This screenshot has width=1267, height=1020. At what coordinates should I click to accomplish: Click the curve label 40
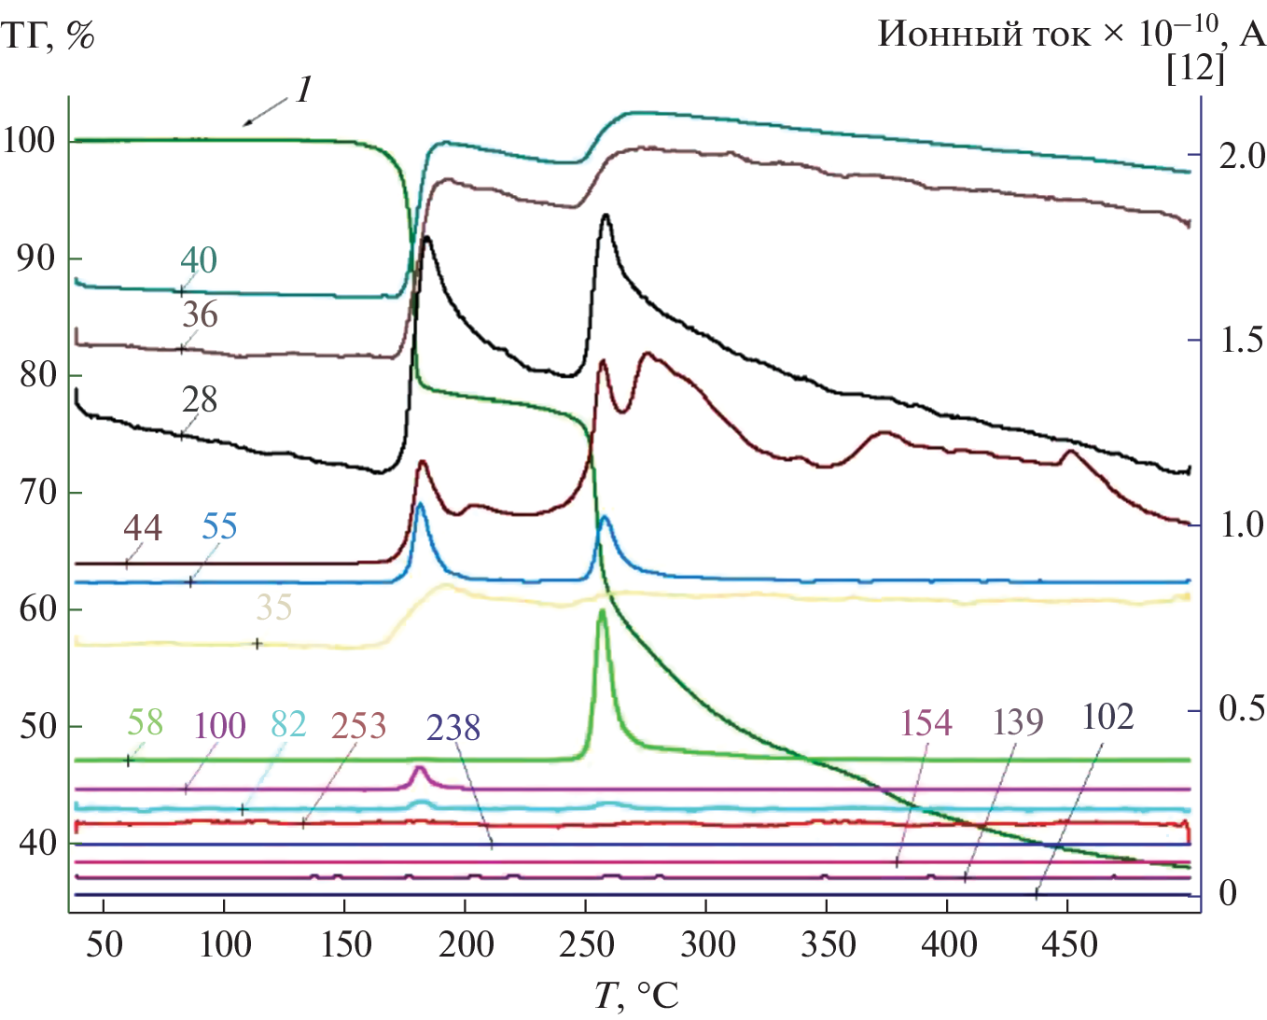[199, 260]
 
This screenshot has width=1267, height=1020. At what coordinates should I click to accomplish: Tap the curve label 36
[200, 315]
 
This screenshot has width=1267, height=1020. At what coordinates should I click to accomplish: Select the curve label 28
[200, 399]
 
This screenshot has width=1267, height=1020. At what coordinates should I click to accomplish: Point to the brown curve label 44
[143, 528]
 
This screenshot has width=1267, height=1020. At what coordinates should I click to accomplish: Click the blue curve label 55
[219, 527]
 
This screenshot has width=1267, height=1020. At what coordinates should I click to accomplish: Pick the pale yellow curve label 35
[274, 608]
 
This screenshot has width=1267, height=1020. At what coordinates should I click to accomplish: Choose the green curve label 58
[145, 722]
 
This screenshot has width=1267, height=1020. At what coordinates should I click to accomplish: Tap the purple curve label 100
[220, 726]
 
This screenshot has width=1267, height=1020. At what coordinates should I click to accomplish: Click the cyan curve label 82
[288, 724]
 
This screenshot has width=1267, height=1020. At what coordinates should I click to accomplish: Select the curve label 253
[358, 726]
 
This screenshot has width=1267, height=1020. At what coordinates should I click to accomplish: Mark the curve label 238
[453, 728]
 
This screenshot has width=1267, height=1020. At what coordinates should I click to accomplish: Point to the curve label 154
[926, 723]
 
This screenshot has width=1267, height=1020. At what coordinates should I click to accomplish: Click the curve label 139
[1018, 721]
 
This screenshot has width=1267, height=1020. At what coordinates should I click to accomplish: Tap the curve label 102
[1108, 718]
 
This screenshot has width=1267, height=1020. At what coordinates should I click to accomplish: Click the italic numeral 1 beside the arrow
[303, 91]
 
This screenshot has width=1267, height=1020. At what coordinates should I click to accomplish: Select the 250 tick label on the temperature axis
[586, 944]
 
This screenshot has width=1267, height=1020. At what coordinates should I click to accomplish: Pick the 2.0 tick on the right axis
[1242, 156]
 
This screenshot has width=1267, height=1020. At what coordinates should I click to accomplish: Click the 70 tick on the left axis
[37, 492]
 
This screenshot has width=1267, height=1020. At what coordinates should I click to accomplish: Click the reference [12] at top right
[1195, 67]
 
